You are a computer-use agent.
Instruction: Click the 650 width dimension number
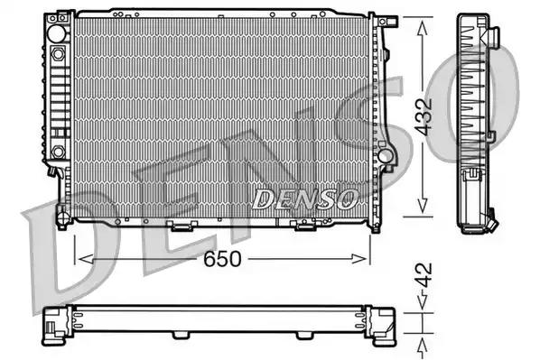[x=222, y=259]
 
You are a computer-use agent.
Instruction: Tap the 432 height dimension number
[x=424, y=117]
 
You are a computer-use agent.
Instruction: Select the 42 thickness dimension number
[x=424, y=275]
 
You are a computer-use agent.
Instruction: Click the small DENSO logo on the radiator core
[x=305, y=199]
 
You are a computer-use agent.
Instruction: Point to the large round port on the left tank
[x=56, y=33]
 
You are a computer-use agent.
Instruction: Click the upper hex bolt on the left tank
[x=58, y=54]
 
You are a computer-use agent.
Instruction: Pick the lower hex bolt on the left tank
[x=58, y=152]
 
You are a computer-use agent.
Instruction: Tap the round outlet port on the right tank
[x=385, y=156]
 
